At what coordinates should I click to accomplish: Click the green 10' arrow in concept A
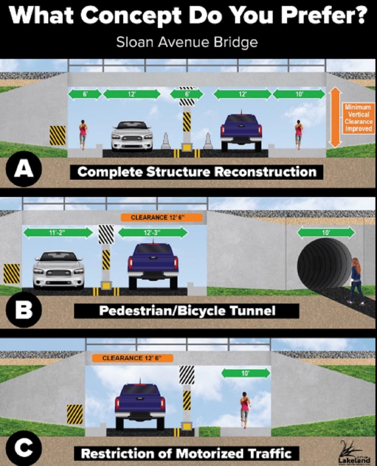click(299, 95)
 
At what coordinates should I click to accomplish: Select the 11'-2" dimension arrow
click(57, 233)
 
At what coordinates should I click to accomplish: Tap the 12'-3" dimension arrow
click(153, 233)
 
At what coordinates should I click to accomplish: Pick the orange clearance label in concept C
click(131, 358)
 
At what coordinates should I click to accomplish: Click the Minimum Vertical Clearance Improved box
click(358, 117)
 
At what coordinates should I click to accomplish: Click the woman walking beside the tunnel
click(356, 280)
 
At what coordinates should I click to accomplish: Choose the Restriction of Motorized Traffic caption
click(186, 453)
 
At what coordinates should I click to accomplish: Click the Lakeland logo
click(351, 451)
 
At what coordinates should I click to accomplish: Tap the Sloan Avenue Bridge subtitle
click(187, 42)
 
